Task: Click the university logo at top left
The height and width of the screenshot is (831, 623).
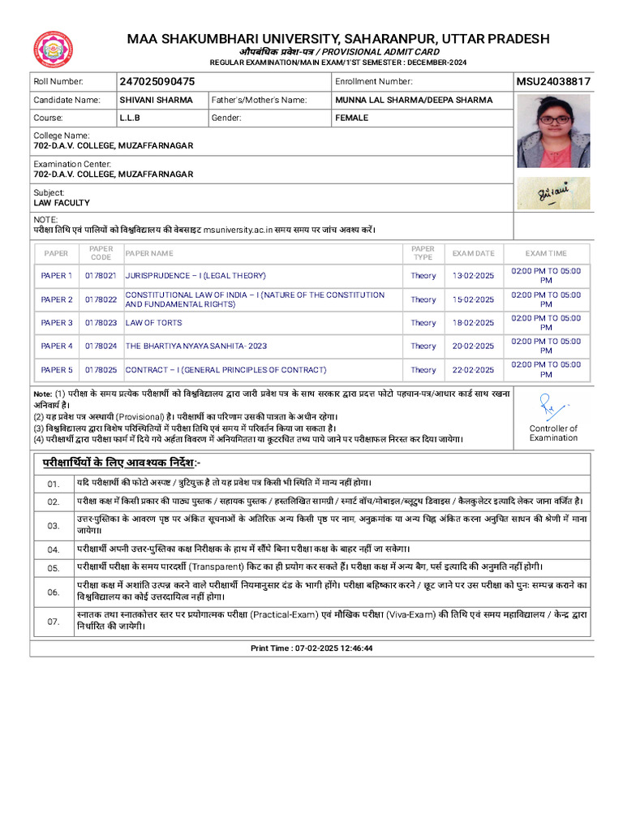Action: pos(53,50)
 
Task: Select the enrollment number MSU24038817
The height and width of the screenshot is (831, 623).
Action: pos(553,82)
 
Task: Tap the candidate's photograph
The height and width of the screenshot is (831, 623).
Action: pos(553,131)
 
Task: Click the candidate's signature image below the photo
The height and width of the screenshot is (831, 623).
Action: pos(553,193)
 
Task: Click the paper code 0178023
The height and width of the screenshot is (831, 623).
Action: pos(101,323)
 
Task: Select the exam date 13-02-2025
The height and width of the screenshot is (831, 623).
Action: pos(473,276)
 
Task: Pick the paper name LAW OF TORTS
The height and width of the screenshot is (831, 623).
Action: pos(155,323)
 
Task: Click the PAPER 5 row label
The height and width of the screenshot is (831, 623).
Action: pos(57,370)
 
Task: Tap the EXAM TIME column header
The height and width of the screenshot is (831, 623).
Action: pos(546,253)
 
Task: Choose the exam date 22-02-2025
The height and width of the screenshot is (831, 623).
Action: pos(473,370)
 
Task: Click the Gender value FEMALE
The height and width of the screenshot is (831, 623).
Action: pos(351,118)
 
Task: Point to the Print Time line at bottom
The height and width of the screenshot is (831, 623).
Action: pos(311,648)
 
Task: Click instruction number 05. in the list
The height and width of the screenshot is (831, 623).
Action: pos(54,568)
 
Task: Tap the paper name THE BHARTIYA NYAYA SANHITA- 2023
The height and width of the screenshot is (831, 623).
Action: pos(195,347)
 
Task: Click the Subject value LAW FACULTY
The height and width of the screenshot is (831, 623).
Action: pos(62,203)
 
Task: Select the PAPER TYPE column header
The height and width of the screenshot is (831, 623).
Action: pos(423,253)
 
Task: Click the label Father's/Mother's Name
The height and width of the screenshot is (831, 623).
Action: pos(259,101)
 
